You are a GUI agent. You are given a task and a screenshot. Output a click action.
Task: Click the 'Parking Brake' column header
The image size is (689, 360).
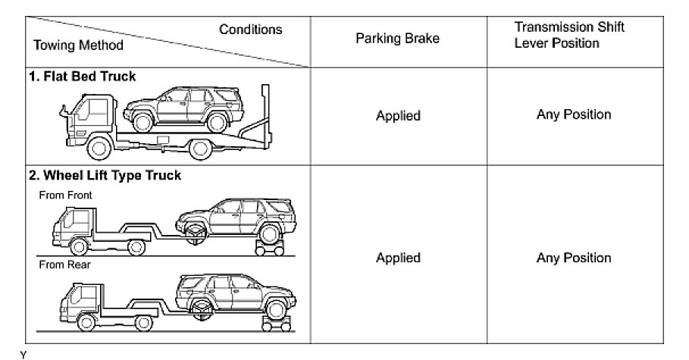tap(397, 39)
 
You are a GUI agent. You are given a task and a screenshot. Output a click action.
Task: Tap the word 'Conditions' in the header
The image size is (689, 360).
tap(251, 30)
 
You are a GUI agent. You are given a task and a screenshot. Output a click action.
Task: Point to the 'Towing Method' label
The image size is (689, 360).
tap(78, 45)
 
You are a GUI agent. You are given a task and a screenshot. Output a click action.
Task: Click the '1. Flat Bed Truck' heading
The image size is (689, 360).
tap(83, 77)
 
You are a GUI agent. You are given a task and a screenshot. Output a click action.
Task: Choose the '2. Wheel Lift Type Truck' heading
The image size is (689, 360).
tap(105, 176)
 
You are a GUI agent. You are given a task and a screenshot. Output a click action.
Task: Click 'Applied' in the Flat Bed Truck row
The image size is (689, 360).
tap(398, 116)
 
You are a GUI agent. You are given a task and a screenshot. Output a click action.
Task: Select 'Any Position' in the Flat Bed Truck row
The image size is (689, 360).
tap(574, 115)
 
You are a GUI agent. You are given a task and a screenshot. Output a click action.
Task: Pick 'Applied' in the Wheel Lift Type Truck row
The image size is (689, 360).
tap(398, 258)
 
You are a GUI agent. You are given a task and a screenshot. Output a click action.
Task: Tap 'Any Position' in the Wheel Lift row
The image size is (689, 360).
tap(574, 258)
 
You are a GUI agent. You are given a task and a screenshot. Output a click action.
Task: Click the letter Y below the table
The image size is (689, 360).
tap(23, 355)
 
